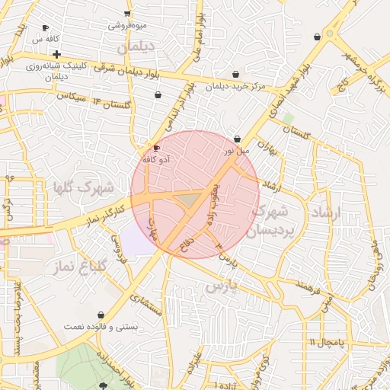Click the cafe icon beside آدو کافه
point(156,148)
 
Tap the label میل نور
point(235,151)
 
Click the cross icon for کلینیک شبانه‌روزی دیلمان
point(56,54)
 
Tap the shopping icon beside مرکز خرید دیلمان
point(235,75)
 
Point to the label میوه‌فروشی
point(127,25)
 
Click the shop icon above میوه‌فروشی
point(127,14)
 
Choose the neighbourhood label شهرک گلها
point(84,187)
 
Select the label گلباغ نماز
point(79,267)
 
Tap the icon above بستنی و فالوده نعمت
point(101,315)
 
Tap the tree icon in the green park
point(104,385)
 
